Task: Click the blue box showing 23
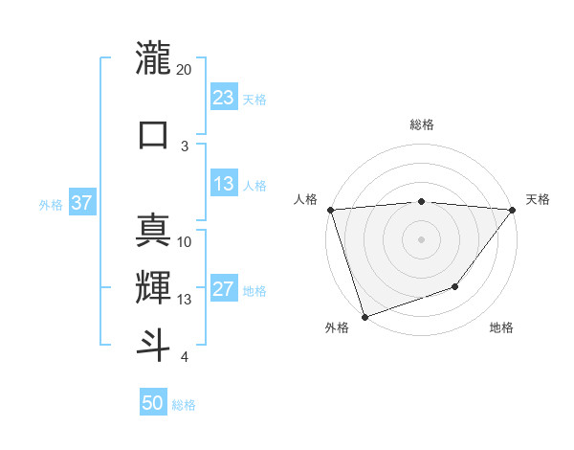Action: [x=224, y=98]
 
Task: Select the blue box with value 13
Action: [x=224, y=184]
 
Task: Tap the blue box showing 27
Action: [x=224, y=289]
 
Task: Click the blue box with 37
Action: [x=81, y=203]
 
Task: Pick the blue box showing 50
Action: [x=153, y=403]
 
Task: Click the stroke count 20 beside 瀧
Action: [x=185, y=70]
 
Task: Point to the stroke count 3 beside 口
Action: [x=185, y=146]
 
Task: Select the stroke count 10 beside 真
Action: [x=185, y=241]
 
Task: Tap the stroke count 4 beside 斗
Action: [x=184, y=357]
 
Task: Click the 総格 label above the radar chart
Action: [x=422, y=124]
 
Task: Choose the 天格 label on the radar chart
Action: [x=539, y=199]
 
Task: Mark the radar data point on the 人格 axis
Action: [x=330, y=210]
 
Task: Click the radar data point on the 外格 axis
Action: [x=364, y=316]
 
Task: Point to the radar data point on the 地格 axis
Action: [x=456, y=286]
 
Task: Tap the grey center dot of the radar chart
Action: [x=422, y=238]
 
